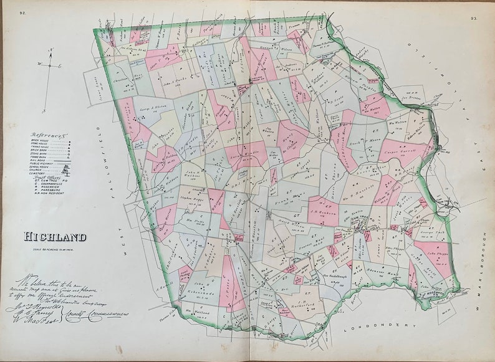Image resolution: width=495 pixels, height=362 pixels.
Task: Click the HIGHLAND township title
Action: click(55, 237)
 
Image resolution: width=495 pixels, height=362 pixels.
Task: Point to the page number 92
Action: click(22, 12)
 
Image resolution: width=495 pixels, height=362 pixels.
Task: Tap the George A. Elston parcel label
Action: click(151, 110)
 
